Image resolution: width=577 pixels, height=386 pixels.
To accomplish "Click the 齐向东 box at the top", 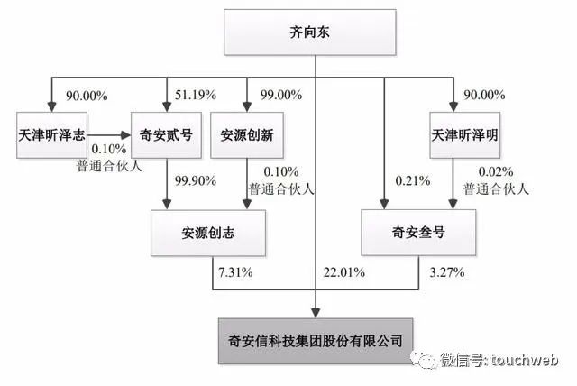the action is pos(310,32).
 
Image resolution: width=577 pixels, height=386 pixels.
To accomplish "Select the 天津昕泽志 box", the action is pos(52,135).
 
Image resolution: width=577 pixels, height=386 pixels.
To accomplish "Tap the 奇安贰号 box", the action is pos(166,135).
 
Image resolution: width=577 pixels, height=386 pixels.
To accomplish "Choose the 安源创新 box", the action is pos(247,135).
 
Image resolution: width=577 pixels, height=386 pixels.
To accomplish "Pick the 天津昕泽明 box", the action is pos(465,135).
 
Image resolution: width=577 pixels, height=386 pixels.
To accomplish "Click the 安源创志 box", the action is pos(208,233).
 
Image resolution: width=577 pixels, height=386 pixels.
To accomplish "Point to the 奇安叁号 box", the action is pos(418,232).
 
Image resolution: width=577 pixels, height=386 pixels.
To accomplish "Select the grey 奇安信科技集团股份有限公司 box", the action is pos(316,341).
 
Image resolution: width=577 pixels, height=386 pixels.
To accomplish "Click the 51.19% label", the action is pos(196,95).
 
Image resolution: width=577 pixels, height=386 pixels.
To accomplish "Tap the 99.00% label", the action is pos(281,95).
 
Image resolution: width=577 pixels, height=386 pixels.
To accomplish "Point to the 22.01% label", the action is pos(344,272).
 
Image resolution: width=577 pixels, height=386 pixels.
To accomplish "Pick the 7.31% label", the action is pos(235,272).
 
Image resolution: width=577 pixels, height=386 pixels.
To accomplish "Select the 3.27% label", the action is pos(447,272).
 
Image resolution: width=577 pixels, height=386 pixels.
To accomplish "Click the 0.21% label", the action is pos(413,180).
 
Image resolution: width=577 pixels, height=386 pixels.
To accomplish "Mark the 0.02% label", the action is pos(496,171).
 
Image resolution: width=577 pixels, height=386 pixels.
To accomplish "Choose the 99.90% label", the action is pos(196,180).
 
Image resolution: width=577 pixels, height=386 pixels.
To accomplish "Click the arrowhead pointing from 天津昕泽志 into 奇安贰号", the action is pos(126,135).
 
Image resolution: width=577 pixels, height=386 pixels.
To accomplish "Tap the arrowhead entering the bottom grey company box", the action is pos(316,313).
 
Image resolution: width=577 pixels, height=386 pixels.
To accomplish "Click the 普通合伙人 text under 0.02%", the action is pos(496,189).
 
